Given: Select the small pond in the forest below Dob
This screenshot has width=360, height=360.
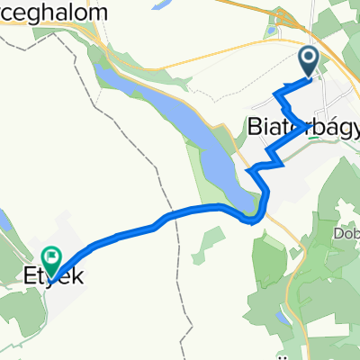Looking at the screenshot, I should point(283,319).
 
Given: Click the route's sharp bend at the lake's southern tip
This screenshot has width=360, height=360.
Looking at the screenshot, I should point(256,219).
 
